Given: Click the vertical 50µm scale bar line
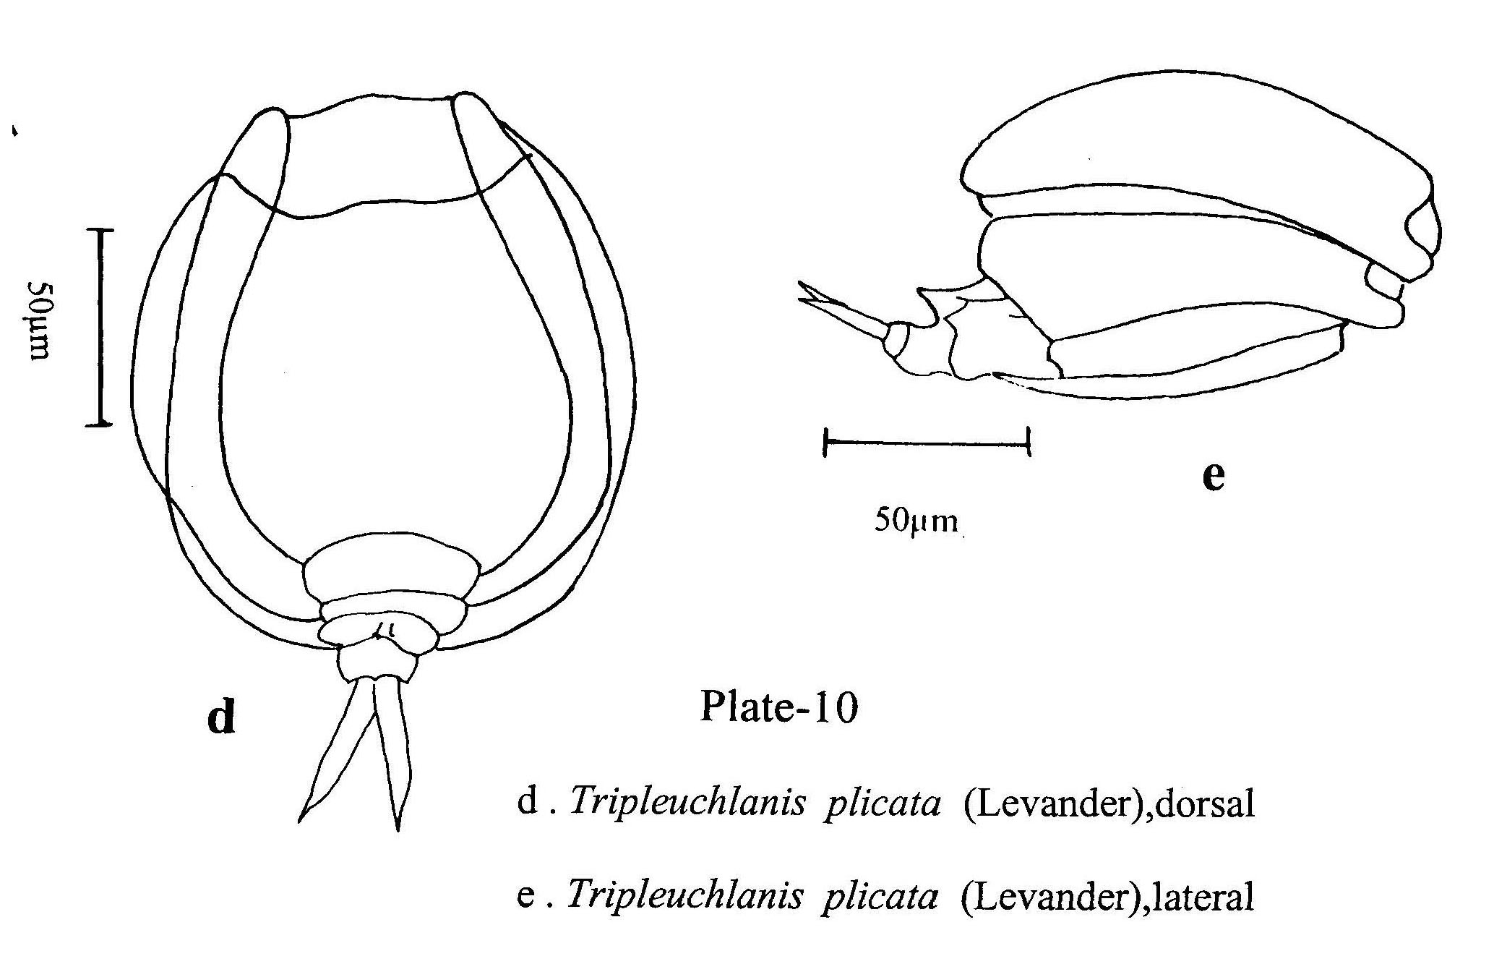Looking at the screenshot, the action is tap(100, 327).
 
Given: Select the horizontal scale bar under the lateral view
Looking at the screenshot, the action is tap(927, 441).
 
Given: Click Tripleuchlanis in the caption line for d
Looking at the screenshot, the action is tap(687, 803).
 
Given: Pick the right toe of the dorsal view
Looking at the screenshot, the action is tap(391, 752).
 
